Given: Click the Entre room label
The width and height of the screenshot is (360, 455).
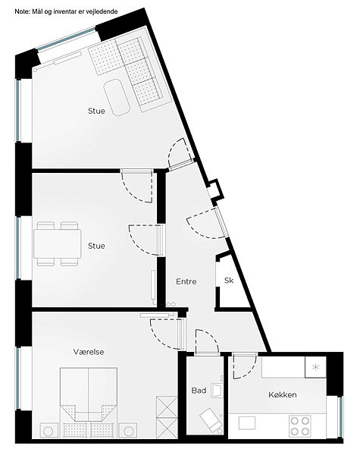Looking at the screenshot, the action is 186,281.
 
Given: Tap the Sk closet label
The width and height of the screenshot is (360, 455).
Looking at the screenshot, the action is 229,281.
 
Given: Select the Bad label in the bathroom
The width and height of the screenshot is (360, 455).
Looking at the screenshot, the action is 199,391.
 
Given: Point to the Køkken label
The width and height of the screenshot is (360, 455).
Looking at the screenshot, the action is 282,394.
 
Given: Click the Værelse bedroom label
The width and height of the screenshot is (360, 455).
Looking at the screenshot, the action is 89,352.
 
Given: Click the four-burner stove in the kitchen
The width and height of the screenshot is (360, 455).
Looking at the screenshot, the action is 300,425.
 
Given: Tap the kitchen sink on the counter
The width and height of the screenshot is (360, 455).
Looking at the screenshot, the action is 247,423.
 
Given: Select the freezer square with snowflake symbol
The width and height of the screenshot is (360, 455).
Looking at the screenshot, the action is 315,367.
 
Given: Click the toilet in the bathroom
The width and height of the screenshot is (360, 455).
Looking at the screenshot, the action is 211,420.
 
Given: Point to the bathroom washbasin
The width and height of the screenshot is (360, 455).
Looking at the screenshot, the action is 217,391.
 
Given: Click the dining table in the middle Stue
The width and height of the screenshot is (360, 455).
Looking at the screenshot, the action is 57,243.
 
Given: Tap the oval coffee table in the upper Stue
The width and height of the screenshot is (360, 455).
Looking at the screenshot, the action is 117,98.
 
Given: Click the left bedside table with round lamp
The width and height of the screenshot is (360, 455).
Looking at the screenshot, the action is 49,431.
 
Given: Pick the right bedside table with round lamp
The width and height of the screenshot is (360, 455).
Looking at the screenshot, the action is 128,431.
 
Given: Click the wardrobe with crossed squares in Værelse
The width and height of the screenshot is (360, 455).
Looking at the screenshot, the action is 167,417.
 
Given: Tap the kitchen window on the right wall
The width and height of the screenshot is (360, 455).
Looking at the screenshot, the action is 341,417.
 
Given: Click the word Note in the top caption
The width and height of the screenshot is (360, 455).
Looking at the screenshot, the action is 21,11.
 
